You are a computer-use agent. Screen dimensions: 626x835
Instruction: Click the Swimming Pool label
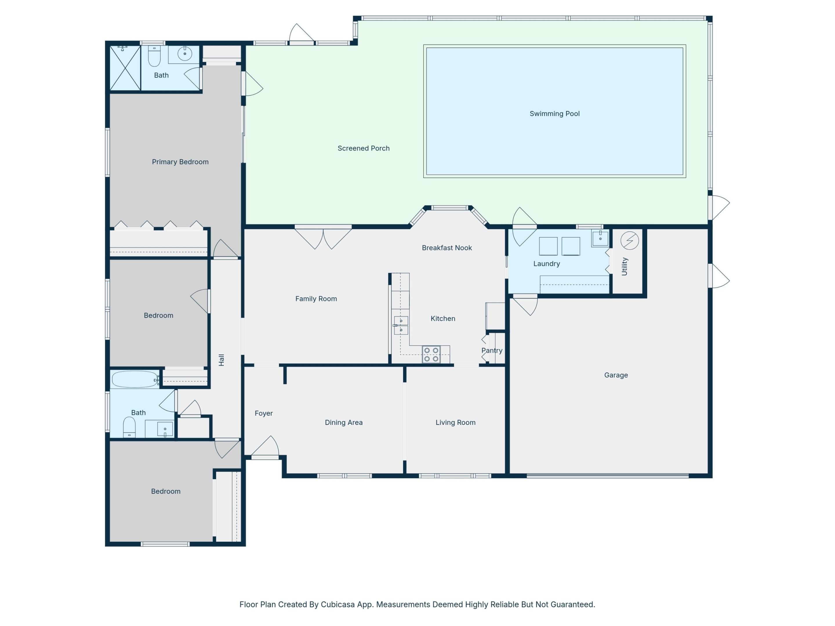point(554,114)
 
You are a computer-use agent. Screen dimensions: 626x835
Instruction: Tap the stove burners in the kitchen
point(431,354)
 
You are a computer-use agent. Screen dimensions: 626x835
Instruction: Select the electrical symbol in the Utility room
point(629,240)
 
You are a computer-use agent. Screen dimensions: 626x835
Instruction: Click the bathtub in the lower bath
point(135,379)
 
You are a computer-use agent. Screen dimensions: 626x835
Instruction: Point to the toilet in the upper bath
point(154,56)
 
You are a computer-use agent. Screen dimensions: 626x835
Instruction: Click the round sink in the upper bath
point(185,54)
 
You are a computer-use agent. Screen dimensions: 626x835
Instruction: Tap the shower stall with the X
point(125,68)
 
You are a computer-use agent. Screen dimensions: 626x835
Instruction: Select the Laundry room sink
point(600,238)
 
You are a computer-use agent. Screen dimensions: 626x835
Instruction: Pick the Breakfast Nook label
point(446,248)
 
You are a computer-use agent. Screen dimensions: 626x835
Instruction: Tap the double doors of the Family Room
point(323,238)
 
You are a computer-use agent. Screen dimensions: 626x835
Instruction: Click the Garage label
point(616,375)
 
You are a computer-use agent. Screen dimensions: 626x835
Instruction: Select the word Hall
point(222,360)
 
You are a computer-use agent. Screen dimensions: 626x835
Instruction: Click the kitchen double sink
point(401,325)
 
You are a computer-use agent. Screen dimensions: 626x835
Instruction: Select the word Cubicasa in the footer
point(337,604)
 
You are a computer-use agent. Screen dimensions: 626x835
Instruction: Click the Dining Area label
point(344,423)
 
